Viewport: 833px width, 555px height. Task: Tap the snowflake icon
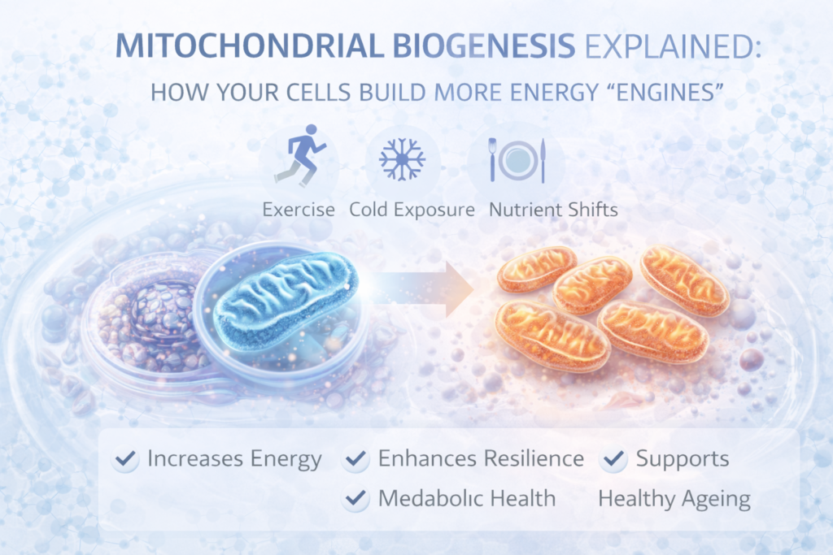pyautogui.click(x=402, y=159)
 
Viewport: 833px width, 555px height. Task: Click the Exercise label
pyautogui.click(x=298, y=210)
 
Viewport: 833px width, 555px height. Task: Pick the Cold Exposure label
pyautogui.click(x=412, y=210)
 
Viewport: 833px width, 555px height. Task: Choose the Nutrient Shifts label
pyautogui.click(x=553, y=210)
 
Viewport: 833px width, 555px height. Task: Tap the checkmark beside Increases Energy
pyautogui.click(x=126, y=459)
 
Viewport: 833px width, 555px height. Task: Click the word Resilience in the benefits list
pyautogui.click(x=533, y=459)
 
